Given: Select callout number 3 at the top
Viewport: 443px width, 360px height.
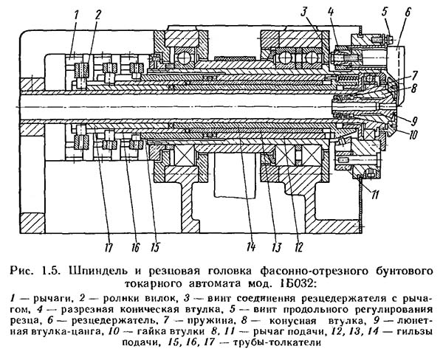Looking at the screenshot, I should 303,10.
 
